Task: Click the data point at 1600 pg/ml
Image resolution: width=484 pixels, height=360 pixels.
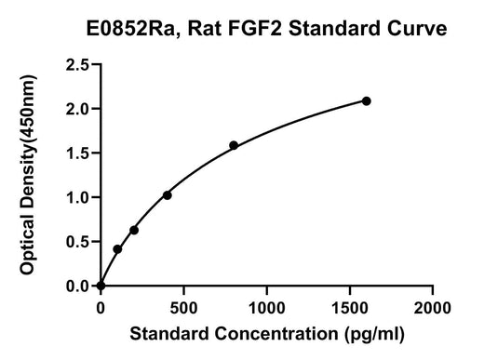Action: point(366,101)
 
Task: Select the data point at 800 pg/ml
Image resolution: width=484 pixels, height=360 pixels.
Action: point(234,145)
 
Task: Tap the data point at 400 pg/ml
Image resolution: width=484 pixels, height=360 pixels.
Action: point(168,195)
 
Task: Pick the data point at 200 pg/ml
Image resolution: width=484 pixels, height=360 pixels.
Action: point(134,231)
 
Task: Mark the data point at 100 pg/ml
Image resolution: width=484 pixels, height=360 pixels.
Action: point(117,249)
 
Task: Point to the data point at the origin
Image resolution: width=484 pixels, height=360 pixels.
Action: point(101,286)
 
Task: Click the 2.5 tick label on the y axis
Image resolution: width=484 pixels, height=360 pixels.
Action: point(77,65)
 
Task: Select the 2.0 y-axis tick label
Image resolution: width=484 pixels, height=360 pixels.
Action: point(77,109)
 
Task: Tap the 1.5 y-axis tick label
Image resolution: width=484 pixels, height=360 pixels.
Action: point(77,153)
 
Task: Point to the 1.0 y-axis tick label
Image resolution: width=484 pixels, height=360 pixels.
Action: point(77,198)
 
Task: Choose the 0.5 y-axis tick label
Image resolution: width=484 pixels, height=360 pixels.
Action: point(77,242)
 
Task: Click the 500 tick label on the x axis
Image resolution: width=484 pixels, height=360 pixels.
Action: point(183,308)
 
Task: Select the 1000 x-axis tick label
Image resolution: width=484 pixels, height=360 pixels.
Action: point(267,308)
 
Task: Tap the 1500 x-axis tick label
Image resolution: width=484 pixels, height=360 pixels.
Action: point(350,308)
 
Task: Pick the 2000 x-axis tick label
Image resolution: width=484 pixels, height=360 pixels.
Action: point(433,308)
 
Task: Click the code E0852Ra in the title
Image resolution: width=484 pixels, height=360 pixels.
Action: point(131,29)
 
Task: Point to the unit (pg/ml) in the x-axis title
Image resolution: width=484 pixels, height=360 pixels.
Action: point(374,334)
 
